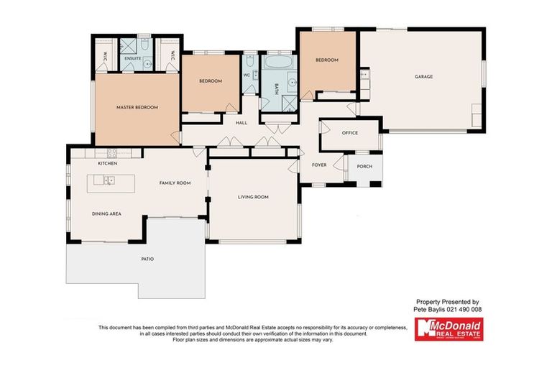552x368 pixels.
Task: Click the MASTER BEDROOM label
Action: click(x=137, y=107)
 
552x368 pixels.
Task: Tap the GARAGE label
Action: click(x=423, y=76)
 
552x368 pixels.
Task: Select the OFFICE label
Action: click(x=349, y=133)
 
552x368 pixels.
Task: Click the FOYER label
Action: click(x=319, y=165)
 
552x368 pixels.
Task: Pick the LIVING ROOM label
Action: click(x=253, y=197)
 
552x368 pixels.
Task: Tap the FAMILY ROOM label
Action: click(x=175, y=183)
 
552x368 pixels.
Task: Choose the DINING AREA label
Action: click(x=106, y=213)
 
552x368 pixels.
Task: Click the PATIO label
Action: click(x=147, y=259)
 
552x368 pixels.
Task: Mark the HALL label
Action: click(x=241, y=123)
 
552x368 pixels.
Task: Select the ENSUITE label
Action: click(x=132, y=58)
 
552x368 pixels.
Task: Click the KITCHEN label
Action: click(x=107, y=164)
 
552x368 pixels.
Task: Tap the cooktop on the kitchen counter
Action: click(x=111, y=152)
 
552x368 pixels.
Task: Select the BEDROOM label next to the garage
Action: click(x=326, y=60)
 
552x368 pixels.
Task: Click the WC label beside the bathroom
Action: click(x=247, y=74)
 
